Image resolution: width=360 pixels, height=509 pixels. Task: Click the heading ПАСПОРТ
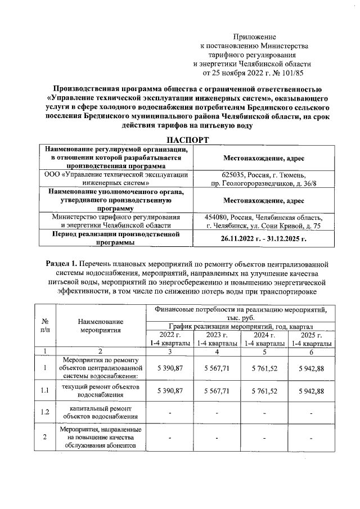[x=179, y=139]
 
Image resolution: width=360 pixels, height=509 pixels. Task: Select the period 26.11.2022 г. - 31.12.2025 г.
[x=264, y=238]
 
